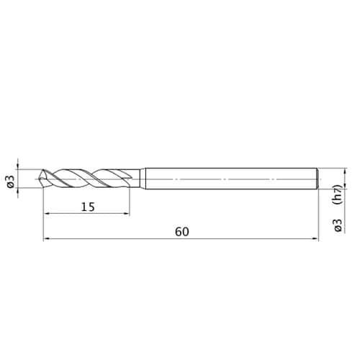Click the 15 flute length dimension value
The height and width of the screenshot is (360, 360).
pyautogui.click(x=88, y=207)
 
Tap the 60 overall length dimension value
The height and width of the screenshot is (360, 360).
pyautogui.click(x=182, y=232)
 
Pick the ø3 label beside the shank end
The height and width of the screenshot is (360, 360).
pyautogui.click(x=338, y=225)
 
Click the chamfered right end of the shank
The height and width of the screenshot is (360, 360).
pyautogui.click(x=318, y=179)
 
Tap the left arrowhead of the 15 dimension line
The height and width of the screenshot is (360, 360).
pyautogui.click(x=46, y=213)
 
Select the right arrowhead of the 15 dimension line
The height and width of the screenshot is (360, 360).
pyautogui.click(x=127, y=213)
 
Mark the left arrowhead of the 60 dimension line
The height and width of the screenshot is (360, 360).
pyautogui.click(x=46, y=238)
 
